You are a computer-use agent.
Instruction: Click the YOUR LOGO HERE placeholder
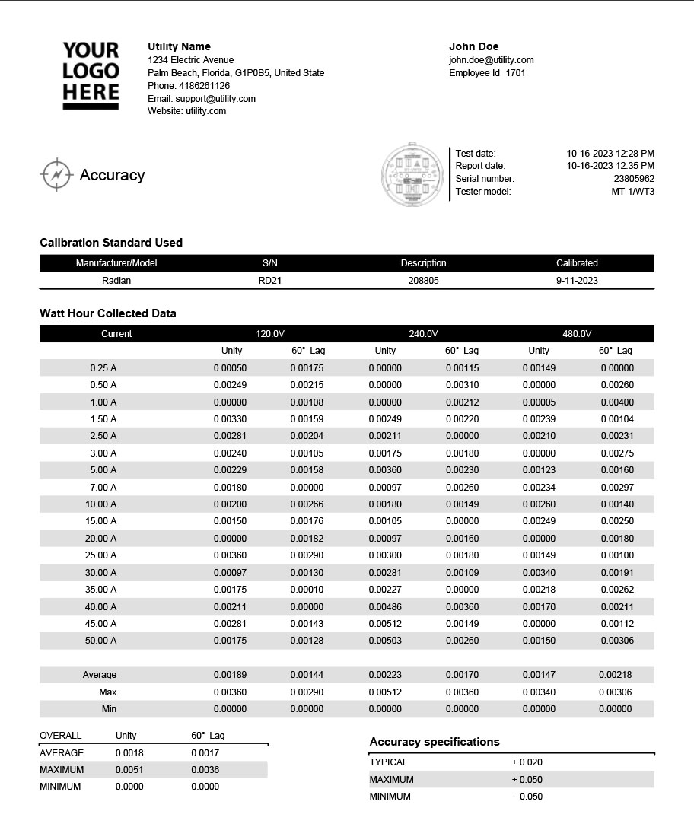click(x=91, y=75)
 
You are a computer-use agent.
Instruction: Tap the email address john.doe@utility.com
click(x=491, y=60)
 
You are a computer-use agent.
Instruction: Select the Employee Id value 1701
click(x=515, y=73)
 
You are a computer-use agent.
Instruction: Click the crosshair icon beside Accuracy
click(x=56, y=175)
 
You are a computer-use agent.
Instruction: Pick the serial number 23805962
click(x=634, y=179)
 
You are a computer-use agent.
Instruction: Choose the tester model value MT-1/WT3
click(x=632, y=192)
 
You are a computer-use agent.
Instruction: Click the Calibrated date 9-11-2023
click(x=577, y=281)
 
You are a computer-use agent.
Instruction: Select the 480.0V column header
click(x=577, y=334)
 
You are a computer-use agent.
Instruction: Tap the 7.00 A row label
click(x=103, y=487)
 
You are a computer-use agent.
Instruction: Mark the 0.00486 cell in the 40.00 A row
click(x=385, y=607)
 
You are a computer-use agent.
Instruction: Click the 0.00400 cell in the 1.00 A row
click(x=616, y=402)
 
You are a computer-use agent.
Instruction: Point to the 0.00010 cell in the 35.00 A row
click(x=307, y=590)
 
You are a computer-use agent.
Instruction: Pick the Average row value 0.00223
click(x=385, y=675)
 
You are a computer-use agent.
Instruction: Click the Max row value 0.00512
click(x=385, y=692)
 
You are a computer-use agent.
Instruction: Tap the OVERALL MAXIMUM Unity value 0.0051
click(x=129, y=770)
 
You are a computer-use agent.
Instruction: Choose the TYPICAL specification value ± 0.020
click(x=527, y=762)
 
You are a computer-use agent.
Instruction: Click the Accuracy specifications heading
click(x=435, y=742)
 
